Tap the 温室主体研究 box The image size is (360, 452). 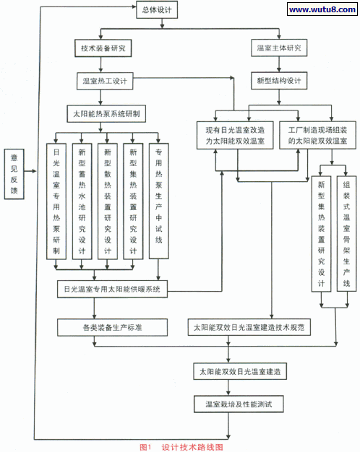pyautogui.click(x=279, y=48)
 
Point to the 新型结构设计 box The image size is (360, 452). pyautogui.click(x=279, y=81)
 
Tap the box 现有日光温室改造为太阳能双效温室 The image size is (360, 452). pyautogui.click(x=235, y=134)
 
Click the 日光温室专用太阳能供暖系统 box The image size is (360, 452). pyautogui.click(x=113, y=290)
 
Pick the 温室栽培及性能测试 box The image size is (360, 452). pyautogui.click(x=239, y=404)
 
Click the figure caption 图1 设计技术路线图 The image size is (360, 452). pyautogui.click(x=181, y=446)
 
